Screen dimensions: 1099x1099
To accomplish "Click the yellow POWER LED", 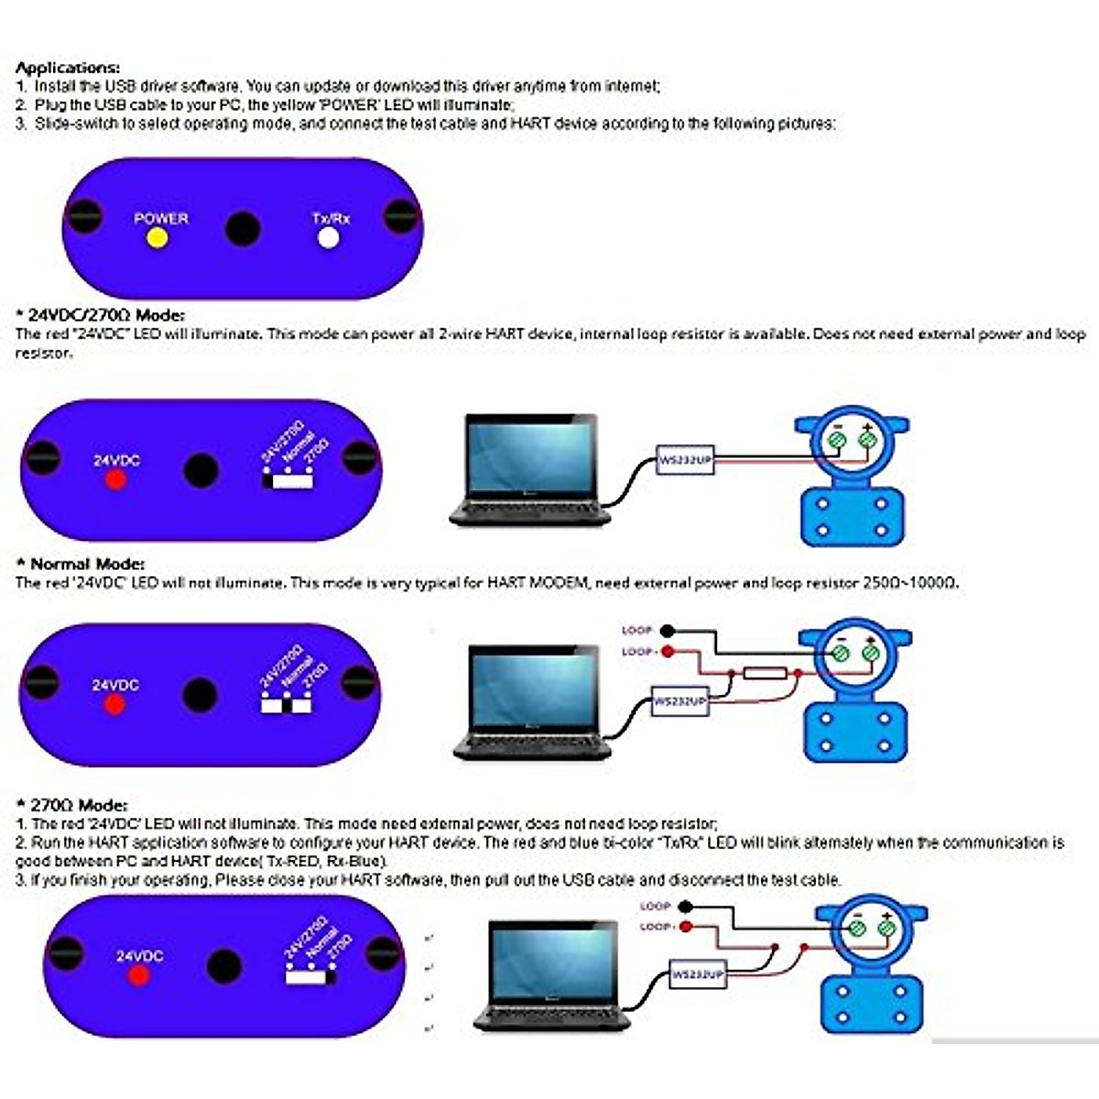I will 158,238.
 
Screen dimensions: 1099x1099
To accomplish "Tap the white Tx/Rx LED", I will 328,238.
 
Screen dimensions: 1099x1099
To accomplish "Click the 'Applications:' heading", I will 68,68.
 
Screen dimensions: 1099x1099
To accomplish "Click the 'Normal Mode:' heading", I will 87,564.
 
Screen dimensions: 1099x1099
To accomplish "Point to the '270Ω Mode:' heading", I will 78,805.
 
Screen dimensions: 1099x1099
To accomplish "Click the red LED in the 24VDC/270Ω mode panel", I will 115,479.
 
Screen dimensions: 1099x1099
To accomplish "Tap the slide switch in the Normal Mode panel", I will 287,705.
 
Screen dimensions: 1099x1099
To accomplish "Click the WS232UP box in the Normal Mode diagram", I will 680,702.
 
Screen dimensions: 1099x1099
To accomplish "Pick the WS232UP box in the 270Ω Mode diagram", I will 698,974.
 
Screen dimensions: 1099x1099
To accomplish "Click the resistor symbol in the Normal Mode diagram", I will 765,674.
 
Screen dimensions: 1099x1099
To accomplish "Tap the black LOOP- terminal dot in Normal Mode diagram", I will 668,630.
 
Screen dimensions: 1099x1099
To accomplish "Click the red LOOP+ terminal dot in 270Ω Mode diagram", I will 686,927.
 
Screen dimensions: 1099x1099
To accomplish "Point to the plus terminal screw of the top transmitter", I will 866,441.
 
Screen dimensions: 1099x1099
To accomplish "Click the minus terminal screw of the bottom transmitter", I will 858,929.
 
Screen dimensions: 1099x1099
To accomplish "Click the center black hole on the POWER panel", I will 243,228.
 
